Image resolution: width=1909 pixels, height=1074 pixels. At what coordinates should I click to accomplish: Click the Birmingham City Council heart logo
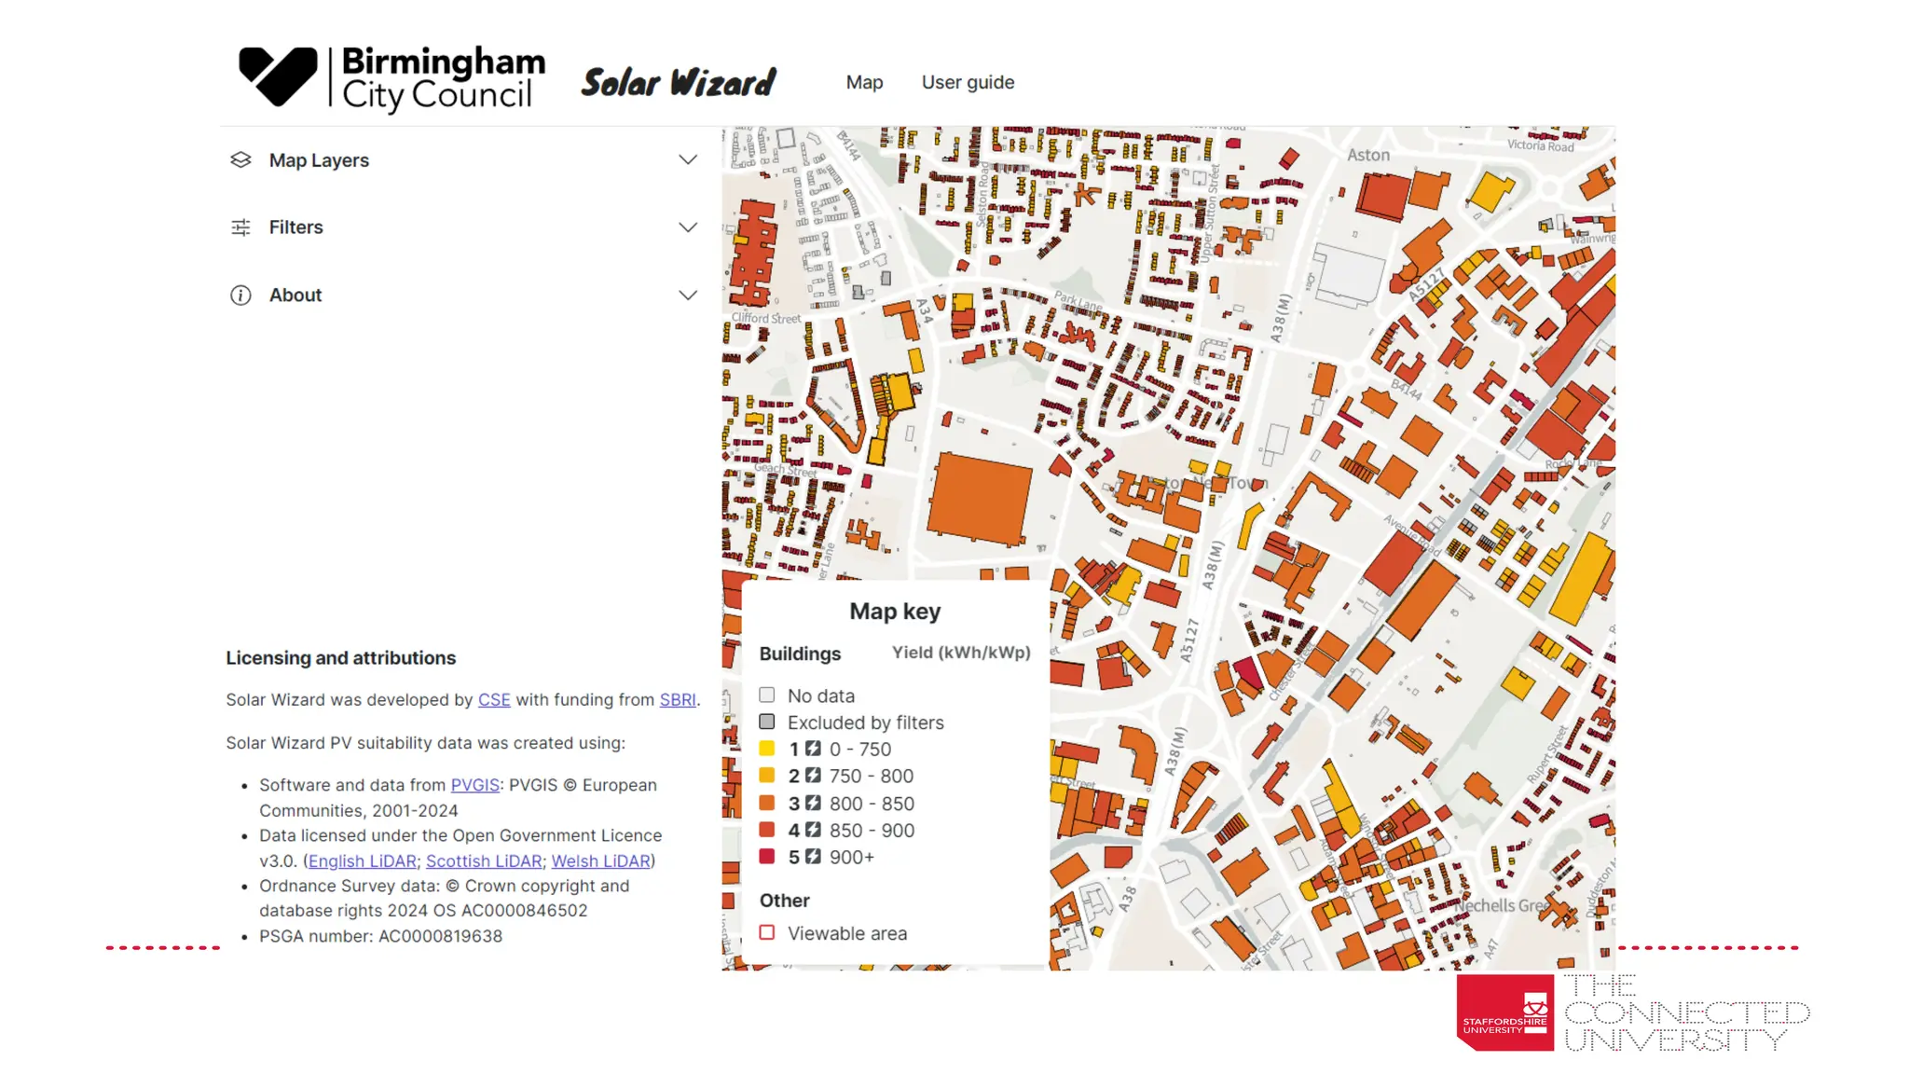(278, 76)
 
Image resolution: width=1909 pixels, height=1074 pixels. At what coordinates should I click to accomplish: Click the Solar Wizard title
(679, 83)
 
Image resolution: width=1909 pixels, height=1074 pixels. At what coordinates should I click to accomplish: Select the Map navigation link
(864, 83)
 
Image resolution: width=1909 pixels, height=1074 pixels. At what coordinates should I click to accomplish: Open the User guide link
(968, 83)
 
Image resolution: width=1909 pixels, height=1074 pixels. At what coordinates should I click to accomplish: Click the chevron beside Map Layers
(688, 160)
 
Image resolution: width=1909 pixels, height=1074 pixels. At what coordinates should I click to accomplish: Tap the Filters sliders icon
(240, 227)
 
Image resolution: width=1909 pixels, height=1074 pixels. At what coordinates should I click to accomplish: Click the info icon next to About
(240, 296)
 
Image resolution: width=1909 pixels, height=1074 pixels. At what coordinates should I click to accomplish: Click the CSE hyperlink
(494, 700)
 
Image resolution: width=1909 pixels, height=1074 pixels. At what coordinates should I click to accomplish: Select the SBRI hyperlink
(678, 700)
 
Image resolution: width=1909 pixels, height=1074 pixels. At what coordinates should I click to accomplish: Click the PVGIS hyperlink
(474, 785)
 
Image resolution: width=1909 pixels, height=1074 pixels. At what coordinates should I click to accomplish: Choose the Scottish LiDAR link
(484, 861)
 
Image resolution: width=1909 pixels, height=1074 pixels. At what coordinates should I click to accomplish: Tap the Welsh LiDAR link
(600, 861)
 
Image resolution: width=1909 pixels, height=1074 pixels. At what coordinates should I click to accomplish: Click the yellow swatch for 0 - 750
(767, 749)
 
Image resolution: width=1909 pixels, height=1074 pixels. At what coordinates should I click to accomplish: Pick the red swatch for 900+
(767, 857)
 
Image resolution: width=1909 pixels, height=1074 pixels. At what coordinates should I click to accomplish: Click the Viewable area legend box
(767, 932)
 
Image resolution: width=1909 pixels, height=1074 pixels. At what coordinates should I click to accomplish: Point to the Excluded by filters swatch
(767, 722)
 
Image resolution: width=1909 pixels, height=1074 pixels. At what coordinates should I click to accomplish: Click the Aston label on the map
(1367, 156)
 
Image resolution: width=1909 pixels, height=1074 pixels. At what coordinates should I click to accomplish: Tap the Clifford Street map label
(765, 318)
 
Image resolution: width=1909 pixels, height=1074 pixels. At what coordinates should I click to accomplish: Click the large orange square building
(979, 499)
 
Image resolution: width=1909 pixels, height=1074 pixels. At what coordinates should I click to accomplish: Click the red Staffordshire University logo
(1504, 1012)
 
